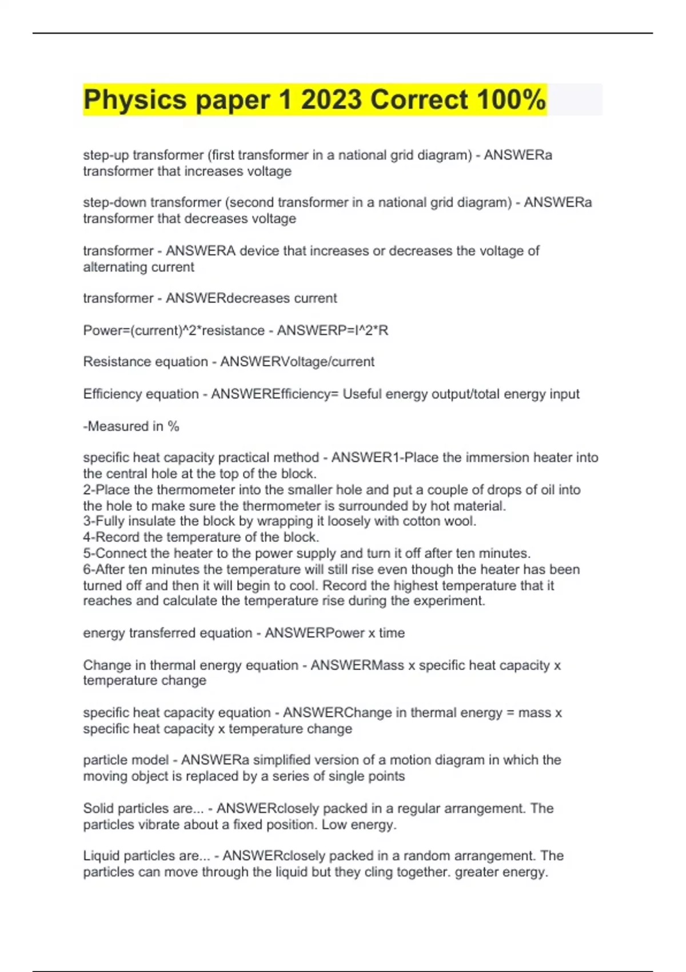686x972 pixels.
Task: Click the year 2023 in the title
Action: (x=331, y=100)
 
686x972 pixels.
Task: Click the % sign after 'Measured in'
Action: (x=173, y=427)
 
